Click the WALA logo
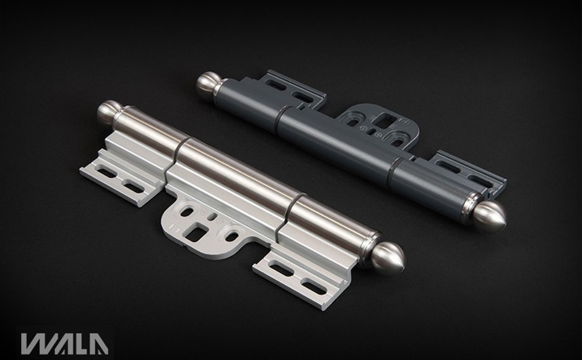(64, 344)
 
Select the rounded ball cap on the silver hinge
(106, 112)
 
